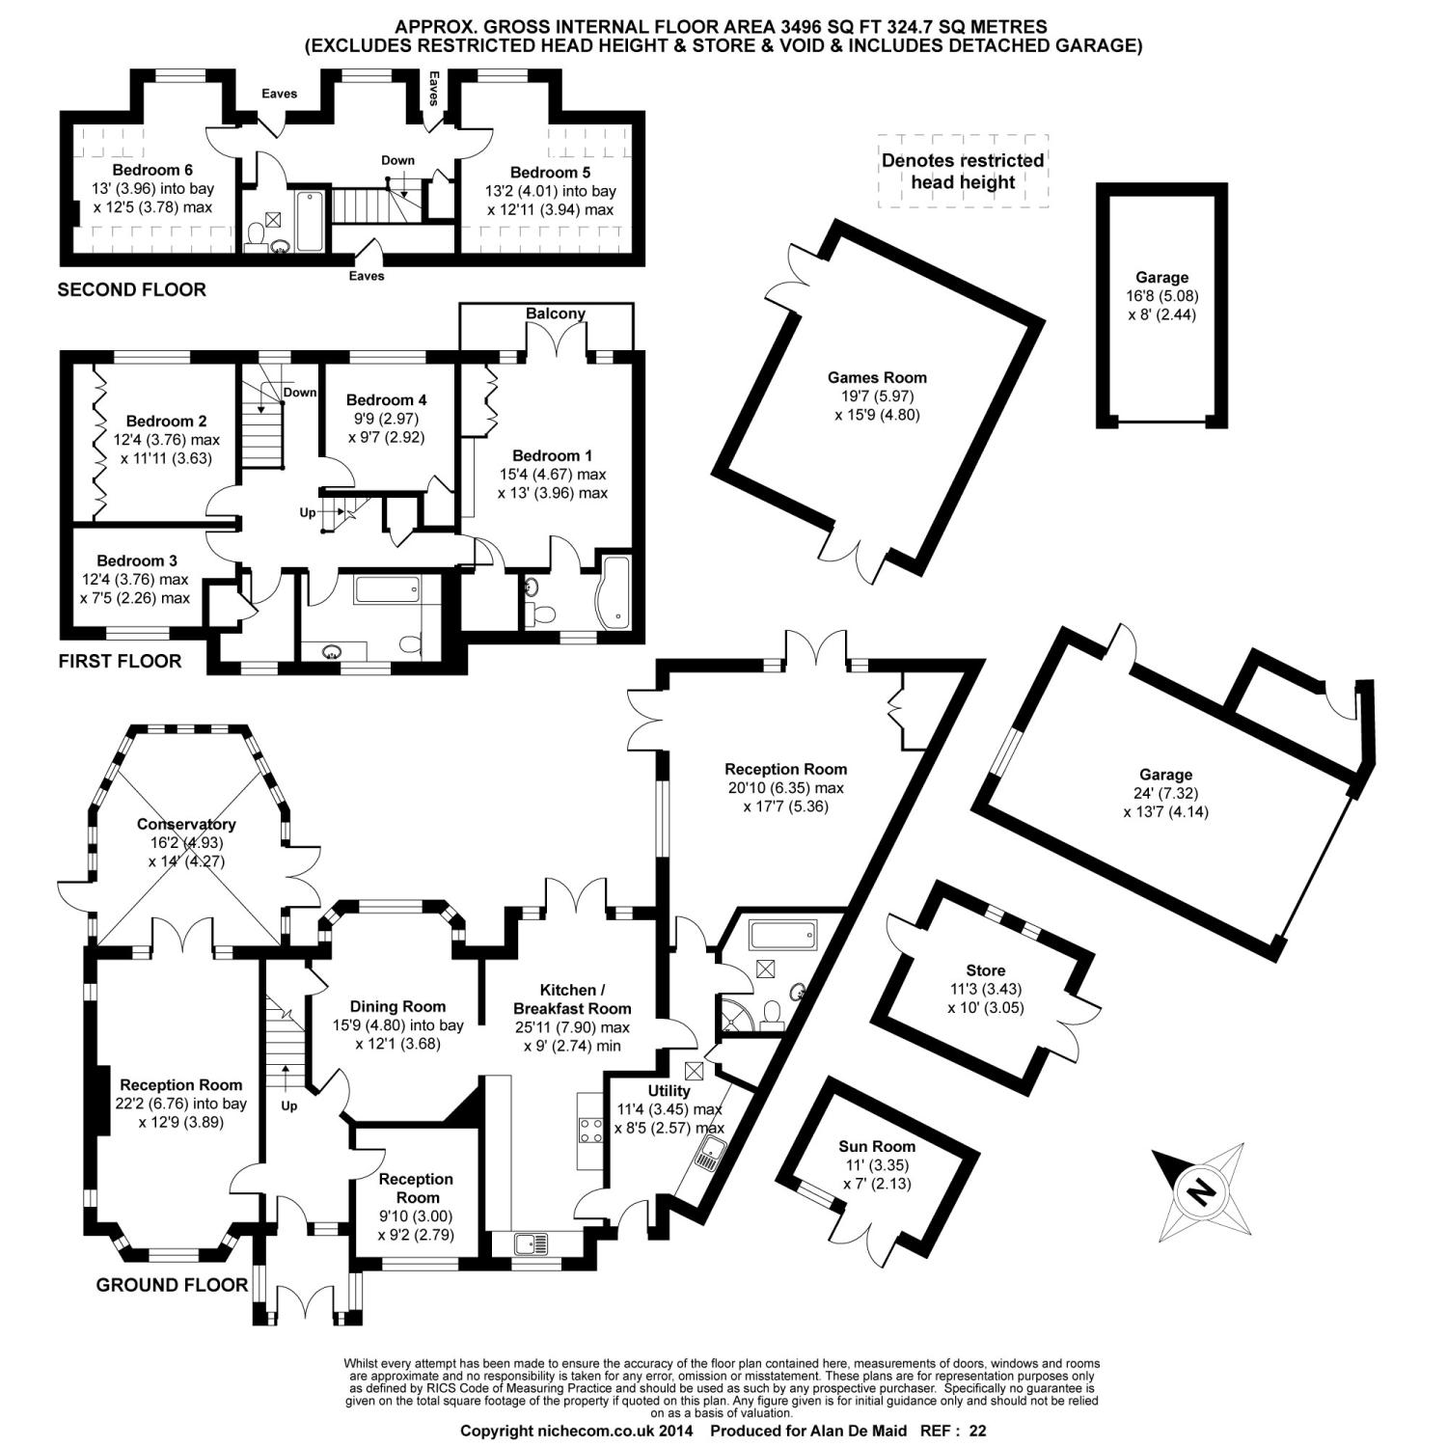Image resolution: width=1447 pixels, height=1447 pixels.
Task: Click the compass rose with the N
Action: tap(1201, 1193)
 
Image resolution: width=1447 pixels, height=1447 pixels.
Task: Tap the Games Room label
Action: tap(877, 378)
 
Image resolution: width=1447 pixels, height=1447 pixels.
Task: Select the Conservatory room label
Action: tap(186, 824)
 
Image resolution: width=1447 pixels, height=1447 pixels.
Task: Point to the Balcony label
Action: tap(556, 314)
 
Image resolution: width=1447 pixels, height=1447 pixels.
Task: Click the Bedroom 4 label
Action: tap(386, 399)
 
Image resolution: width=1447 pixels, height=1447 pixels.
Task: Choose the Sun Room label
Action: tap(877, 1146)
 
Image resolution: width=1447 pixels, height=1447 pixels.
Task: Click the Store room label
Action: tap(985, 970)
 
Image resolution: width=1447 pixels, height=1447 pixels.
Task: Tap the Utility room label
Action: tap(669, 1091)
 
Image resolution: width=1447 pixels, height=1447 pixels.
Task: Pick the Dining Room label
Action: tap(397, 1006)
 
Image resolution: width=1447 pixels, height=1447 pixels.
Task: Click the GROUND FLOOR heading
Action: tap(172, 1285)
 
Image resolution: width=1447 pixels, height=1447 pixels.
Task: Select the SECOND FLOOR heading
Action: tap(132, 289)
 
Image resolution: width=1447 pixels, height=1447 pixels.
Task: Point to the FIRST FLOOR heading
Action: tap(120, 662)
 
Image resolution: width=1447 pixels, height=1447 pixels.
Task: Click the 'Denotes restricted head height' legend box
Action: tap(963, 172)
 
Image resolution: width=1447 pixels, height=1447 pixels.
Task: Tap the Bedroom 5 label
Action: tap(550, 173)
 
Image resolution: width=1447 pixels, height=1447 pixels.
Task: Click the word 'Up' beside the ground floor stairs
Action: tap(289, 1106)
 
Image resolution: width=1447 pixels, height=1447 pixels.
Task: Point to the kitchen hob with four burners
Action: tap(591, 1130)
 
